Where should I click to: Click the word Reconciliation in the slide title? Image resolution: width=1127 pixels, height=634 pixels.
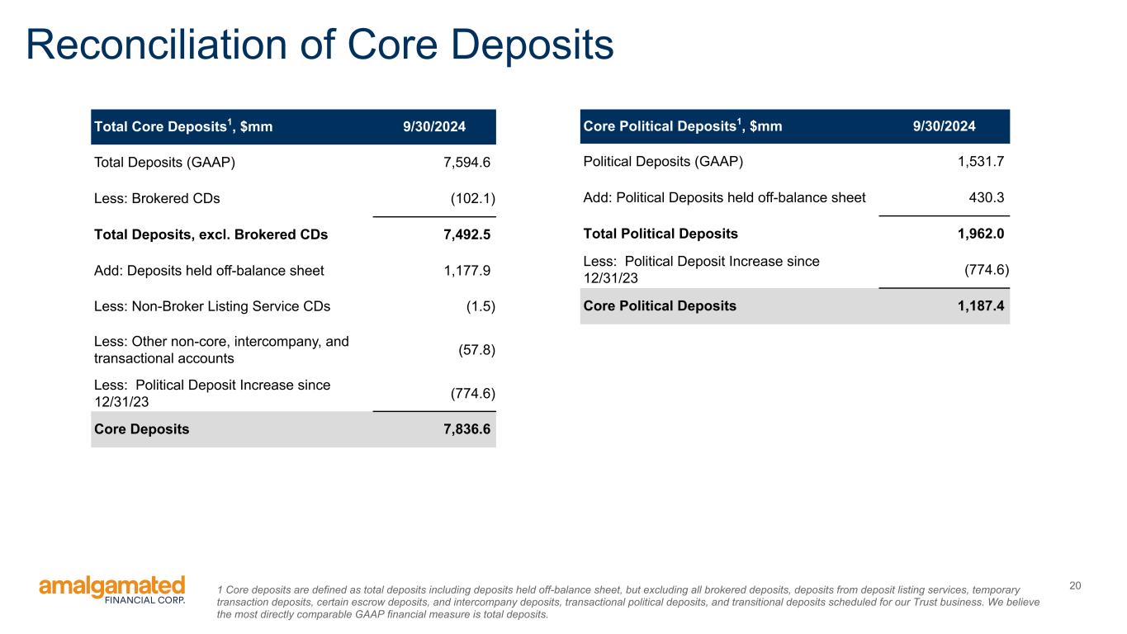157,45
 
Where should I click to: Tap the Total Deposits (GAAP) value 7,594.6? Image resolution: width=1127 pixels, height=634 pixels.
466,163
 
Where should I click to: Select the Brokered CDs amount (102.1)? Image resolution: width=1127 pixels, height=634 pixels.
472,199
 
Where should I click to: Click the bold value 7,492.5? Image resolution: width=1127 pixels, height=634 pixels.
466,234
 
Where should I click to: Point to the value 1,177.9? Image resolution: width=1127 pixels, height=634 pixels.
466,271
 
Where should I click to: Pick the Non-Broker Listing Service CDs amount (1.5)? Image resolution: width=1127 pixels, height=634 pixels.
481,306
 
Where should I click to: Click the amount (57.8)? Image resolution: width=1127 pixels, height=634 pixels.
476,350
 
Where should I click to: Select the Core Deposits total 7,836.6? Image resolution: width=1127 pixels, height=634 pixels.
466,429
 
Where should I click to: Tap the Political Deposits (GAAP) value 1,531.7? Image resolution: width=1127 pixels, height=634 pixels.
981,162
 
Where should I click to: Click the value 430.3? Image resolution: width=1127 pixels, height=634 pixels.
986,198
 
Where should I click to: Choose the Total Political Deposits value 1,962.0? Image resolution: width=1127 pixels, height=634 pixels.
981,234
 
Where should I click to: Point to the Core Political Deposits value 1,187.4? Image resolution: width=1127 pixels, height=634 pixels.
981,306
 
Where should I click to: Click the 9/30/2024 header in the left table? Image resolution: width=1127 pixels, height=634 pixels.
434,126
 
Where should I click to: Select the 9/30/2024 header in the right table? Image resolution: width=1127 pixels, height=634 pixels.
945,125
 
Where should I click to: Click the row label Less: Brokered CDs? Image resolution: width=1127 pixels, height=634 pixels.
157,199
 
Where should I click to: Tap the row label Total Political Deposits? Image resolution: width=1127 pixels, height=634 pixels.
661,234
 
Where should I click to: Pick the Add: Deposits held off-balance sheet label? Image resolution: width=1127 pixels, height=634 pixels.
209,271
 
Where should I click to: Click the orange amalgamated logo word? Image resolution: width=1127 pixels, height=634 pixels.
112,587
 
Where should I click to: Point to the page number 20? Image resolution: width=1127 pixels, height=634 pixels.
1075,585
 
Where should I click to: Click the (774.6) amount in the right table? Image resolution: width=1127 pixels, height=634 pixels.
987,270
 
